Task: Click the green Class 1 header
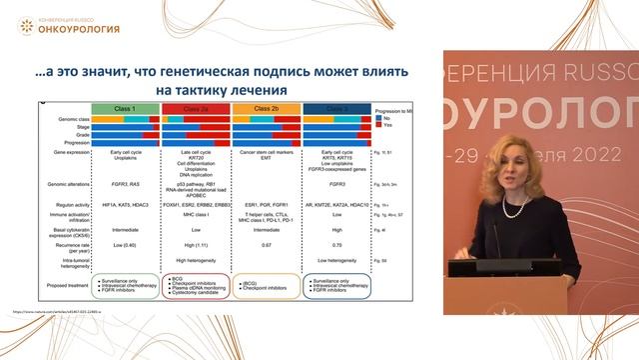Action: point(124,107)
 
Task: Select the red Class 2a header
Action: point(195,107)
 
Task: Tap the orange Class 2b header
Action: point(266,107)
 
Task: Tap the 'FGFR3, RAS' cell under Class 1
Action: point(124,171)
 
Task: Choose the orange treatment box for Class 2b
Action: point(266,287)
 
